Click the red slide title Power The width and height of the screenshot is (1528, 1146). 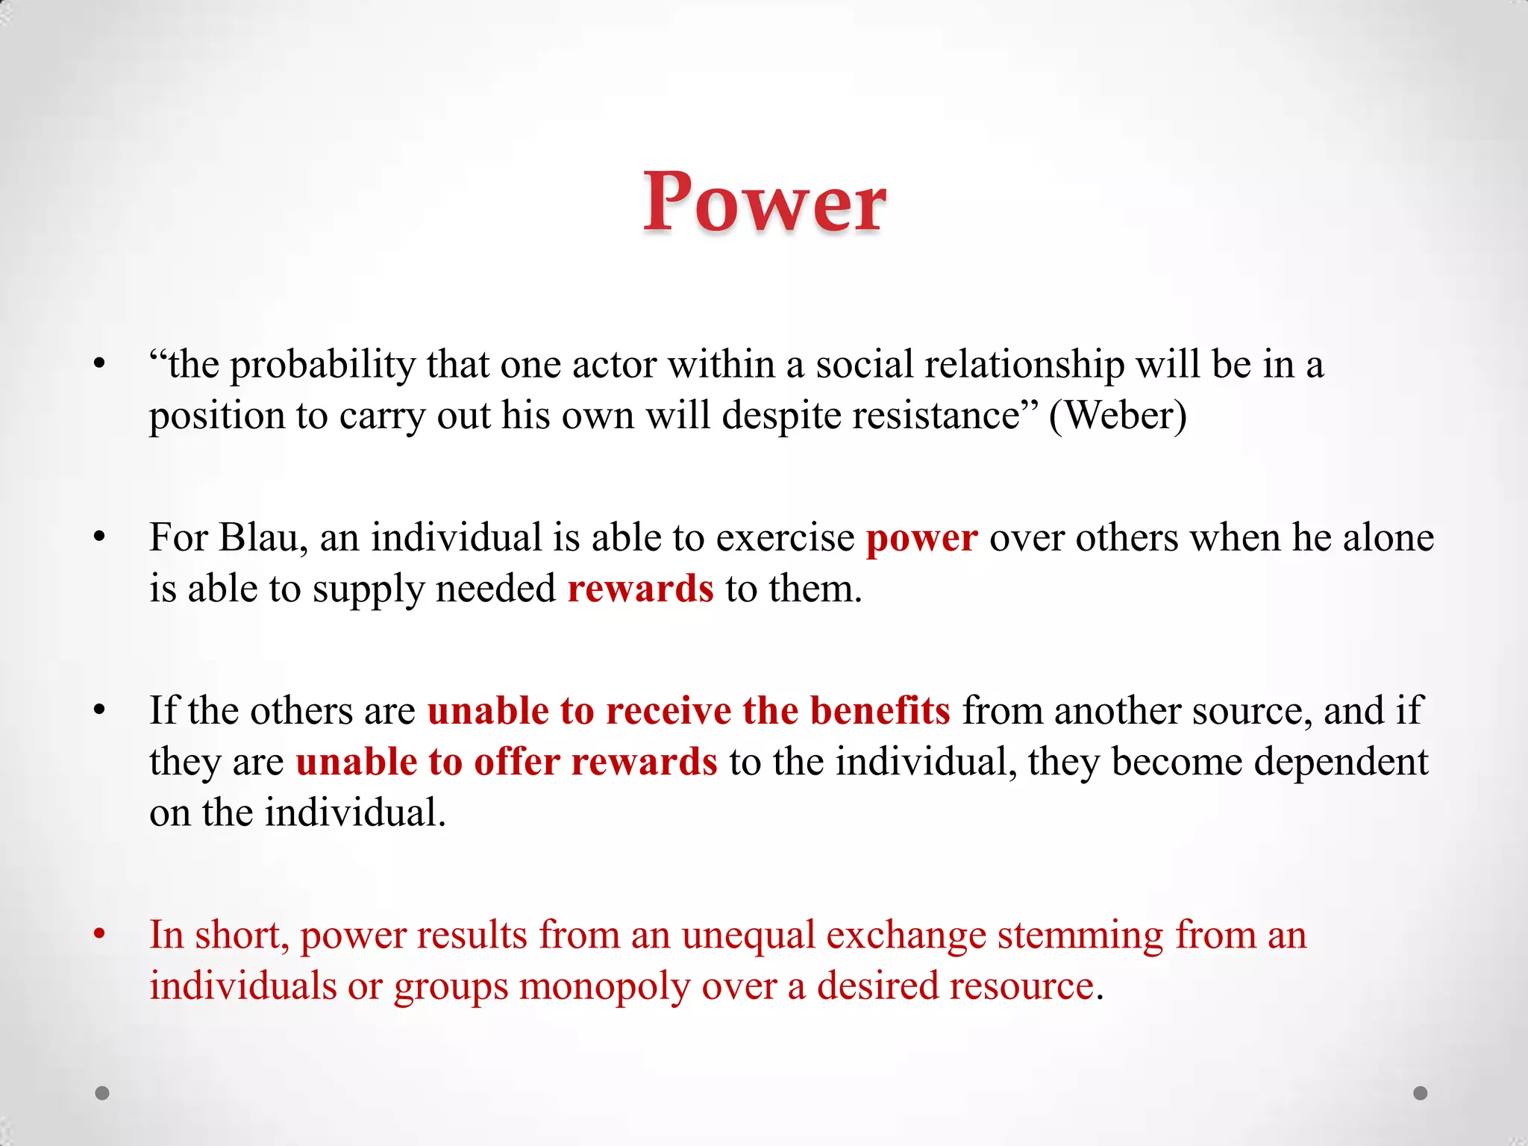(x=765, y=202)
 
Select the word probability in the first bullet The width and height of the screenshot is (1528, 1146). (x=322, y=366)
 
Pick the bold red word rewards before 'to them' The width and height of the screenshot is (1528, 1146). (x=640, y=589)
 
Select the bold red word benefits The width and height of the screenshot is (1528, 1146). (x=880, y=711)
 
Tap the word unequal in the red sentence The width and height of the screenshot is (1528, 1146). (x=748, y=936)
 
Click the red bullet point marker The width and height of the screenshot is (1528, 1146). (x=100, y=934)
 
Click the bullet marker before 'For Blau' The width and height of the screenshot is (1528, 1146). (x=100, y=537)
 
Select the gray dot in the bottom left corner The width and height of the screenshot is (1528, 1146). (x=102, y=1093)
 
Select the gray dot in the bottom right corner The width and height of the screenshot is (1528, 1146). (x=1421, y=1093)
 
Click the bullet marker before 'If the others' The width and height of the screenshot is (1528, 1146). (x=100, y=710)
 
